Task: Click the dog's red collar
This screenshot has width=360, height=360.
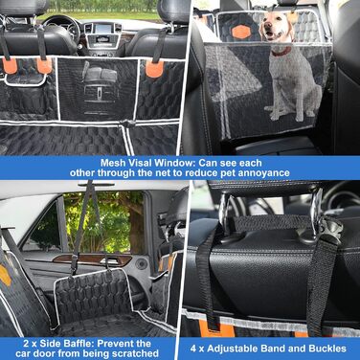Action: [281, 52]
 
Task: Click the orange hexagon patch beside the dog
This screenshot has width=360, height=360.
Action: [241, 32]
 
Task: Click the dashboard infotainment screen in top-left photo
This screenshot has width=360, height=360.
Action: [103, 29]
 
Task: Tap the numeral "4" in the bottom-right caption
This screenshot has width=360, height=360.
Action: [193, 349]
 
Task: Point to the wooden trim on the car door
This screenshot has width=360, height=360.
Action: [92, 259]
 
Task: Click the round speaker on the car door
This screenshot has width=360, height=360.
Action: [142, 264]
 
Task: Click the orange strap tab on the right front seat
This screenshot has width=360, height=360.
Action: [154, 69]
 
